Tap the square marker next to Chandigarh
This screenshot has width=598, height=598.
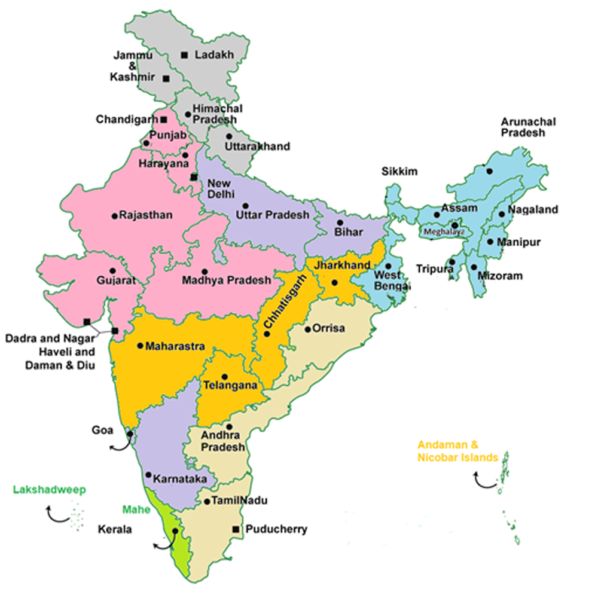coord(163,120)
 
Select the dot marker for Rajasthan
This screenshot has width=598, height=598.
coord(115,216)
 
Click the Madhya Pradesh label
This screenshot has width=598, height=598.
coord(226,280)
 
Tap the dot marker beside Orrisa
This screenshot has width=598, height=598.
coord(307,329)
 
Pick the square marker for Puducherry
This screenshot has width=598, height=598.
coord(236,529)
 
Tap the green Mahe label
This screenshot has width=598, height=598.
coord(136,509)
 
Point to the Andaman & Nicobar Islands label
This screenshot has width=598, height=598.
coord(457,451)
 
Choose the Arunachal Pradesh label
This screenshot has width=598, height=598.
coord(528,127)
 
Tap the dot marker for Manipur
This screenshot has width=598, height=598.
coord(490,242)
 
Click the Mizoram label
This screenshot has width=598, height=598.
coord(500,276)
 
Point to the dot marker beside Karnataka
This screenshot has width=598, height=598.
coord(148,475)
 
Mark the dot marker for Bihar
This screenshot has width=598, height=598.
coord(340,222)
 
